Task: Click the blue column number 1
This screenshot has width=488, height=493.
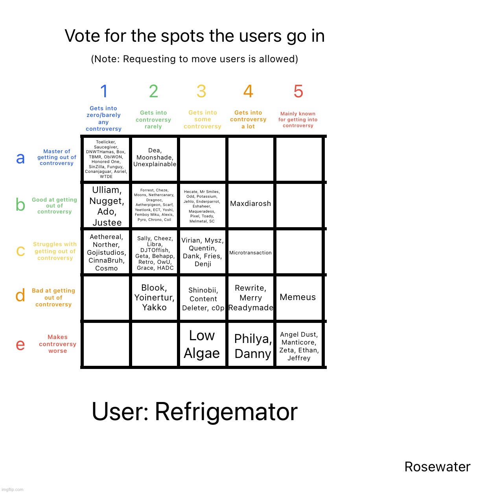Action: point(104,92)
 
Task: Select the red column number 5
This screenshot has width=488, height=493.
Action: point(298,92)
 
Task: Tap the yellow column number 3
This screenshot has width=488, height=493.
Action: point(201,92)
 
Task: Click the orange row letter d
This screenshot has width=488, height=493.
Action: point(20,295)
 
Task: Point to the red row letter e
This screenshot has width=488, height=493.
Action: point(20,345)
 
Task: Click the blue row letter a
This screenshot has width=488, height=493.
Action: point(20,158)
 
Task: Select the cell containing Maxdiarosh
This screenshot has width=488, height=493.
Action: point(250,204)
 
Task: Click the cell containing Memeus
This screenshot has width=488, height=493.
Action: point(298,297)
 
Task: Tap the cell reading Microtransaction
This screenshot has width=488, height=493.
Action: point(250,253)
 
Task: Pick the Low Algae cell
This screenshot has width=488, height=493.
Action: point(202,344)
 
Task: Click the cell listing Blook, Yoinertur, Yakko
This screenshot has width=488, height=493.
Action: point(155,297)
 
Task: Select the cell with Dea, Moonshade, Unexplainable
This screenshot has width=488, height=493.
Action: point(155,158)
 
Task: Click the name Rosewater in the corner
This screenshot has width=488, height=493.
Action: point(437,467)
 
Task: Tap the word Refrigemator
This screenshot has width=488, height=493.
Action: point(226,412)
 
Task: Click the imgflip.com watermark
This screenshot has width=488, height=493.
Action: point(13,489)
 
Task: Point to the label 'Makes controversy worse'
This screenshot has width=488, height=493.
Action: point(57,344)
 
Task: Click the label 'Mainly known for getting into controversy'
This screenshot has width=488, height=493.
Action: point(298,120)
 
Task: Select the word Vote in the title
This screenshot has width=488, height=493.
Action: point(83,36)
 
